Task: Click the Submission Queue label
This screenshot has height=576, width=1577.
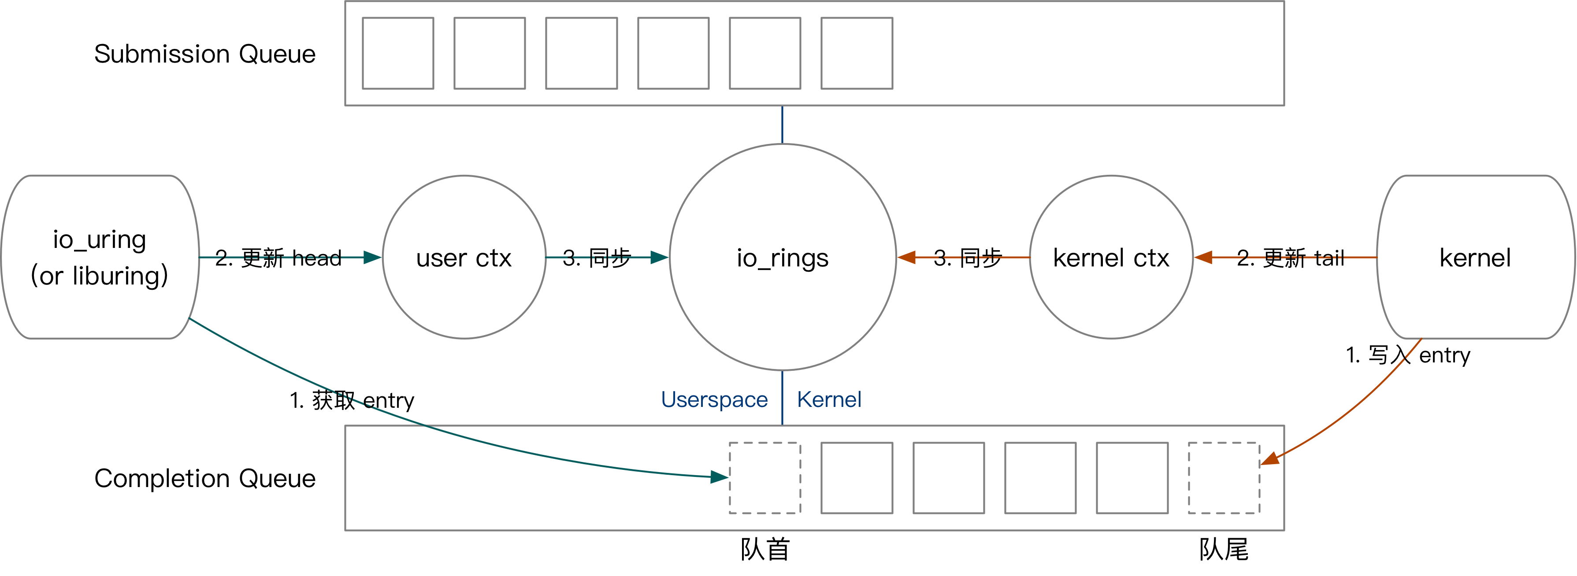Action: [x=204, y=54]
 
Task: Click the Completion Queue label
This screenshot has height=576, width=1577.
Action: [x=204, y=478]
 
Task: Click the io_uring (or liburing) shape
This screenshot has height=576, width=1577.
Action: [x=99, y=257]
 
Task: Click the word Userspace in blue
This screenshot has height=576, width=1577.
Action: [x=714, y=400]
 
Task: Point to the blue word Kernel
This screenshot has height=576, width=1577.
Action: [x=829, y=400]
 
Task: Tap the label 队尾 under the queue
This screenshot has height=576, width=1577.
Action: [x=1223, y=549]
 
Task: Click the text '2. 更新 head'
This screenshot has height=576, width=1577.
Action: [x=278, y=258]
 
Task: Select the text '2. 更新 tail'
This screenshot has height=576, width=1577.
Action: [x=1291, y=258]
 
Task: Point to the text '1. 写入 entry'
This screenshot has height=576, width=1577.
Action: [x=1407, y=355]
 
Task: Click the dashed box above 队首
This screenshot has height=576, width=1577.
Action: [x=764, y=477]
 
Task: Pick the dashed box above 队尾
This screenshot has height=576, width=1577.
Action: [x=1223, y=477]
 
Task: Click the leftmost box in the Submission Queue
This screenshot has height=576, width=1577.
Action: [x=398, y=53]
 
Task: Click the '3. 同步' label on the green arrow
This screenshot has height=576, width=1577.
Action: [x=596, y=258]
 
